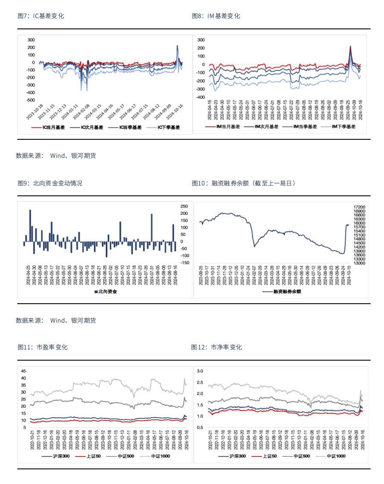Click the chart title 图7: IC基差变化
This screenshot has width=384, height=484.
[x=41, y=16]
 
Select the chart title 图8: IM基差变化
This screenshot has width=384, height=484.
[x=216, y=16]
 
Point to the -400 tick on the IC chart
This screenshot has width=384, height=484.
[x=30, y=93]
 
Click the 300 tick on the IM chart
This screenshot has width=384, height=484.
[x=200, y=40]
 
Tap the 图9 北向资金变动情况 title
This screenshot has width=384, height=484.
[x=50, y=183]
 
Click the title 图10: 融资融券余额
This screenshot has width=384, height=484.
[x=244, y=183]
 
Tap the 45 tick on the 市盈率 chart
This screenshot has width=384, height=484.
[x=24, y=371]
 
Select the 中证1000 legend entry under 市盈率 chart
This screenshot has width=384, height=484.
[x=162, y=456]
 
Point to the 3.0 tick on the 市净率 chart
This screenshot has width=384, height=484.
[x=200, y=371]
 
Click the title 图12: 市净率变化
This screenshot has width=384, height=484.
[x=217, y=347]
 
